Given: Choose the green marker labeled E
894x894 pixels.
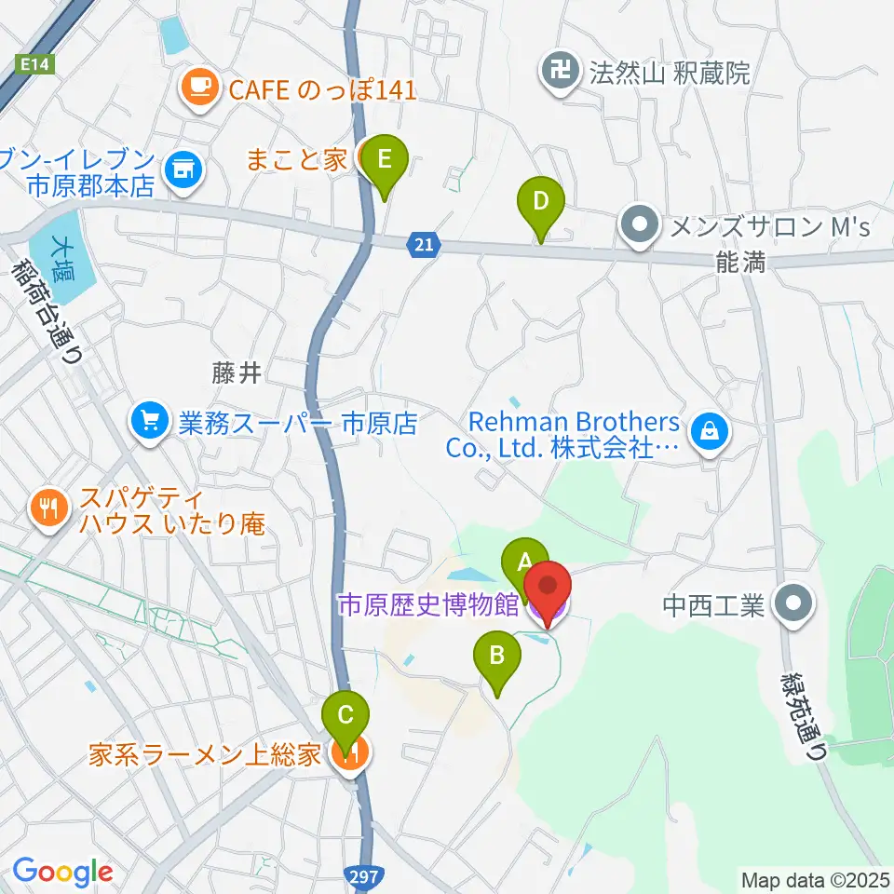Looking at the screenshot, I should tap(385, 161).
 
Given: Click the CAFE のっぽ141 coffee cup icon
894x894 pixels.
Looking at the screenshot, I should tap(198, 88).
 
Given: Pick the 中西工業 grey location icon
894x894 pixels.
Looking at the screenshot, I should tap(793, 604).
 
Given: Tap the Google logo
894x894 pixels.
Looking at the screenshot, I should tap(62, 872).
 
